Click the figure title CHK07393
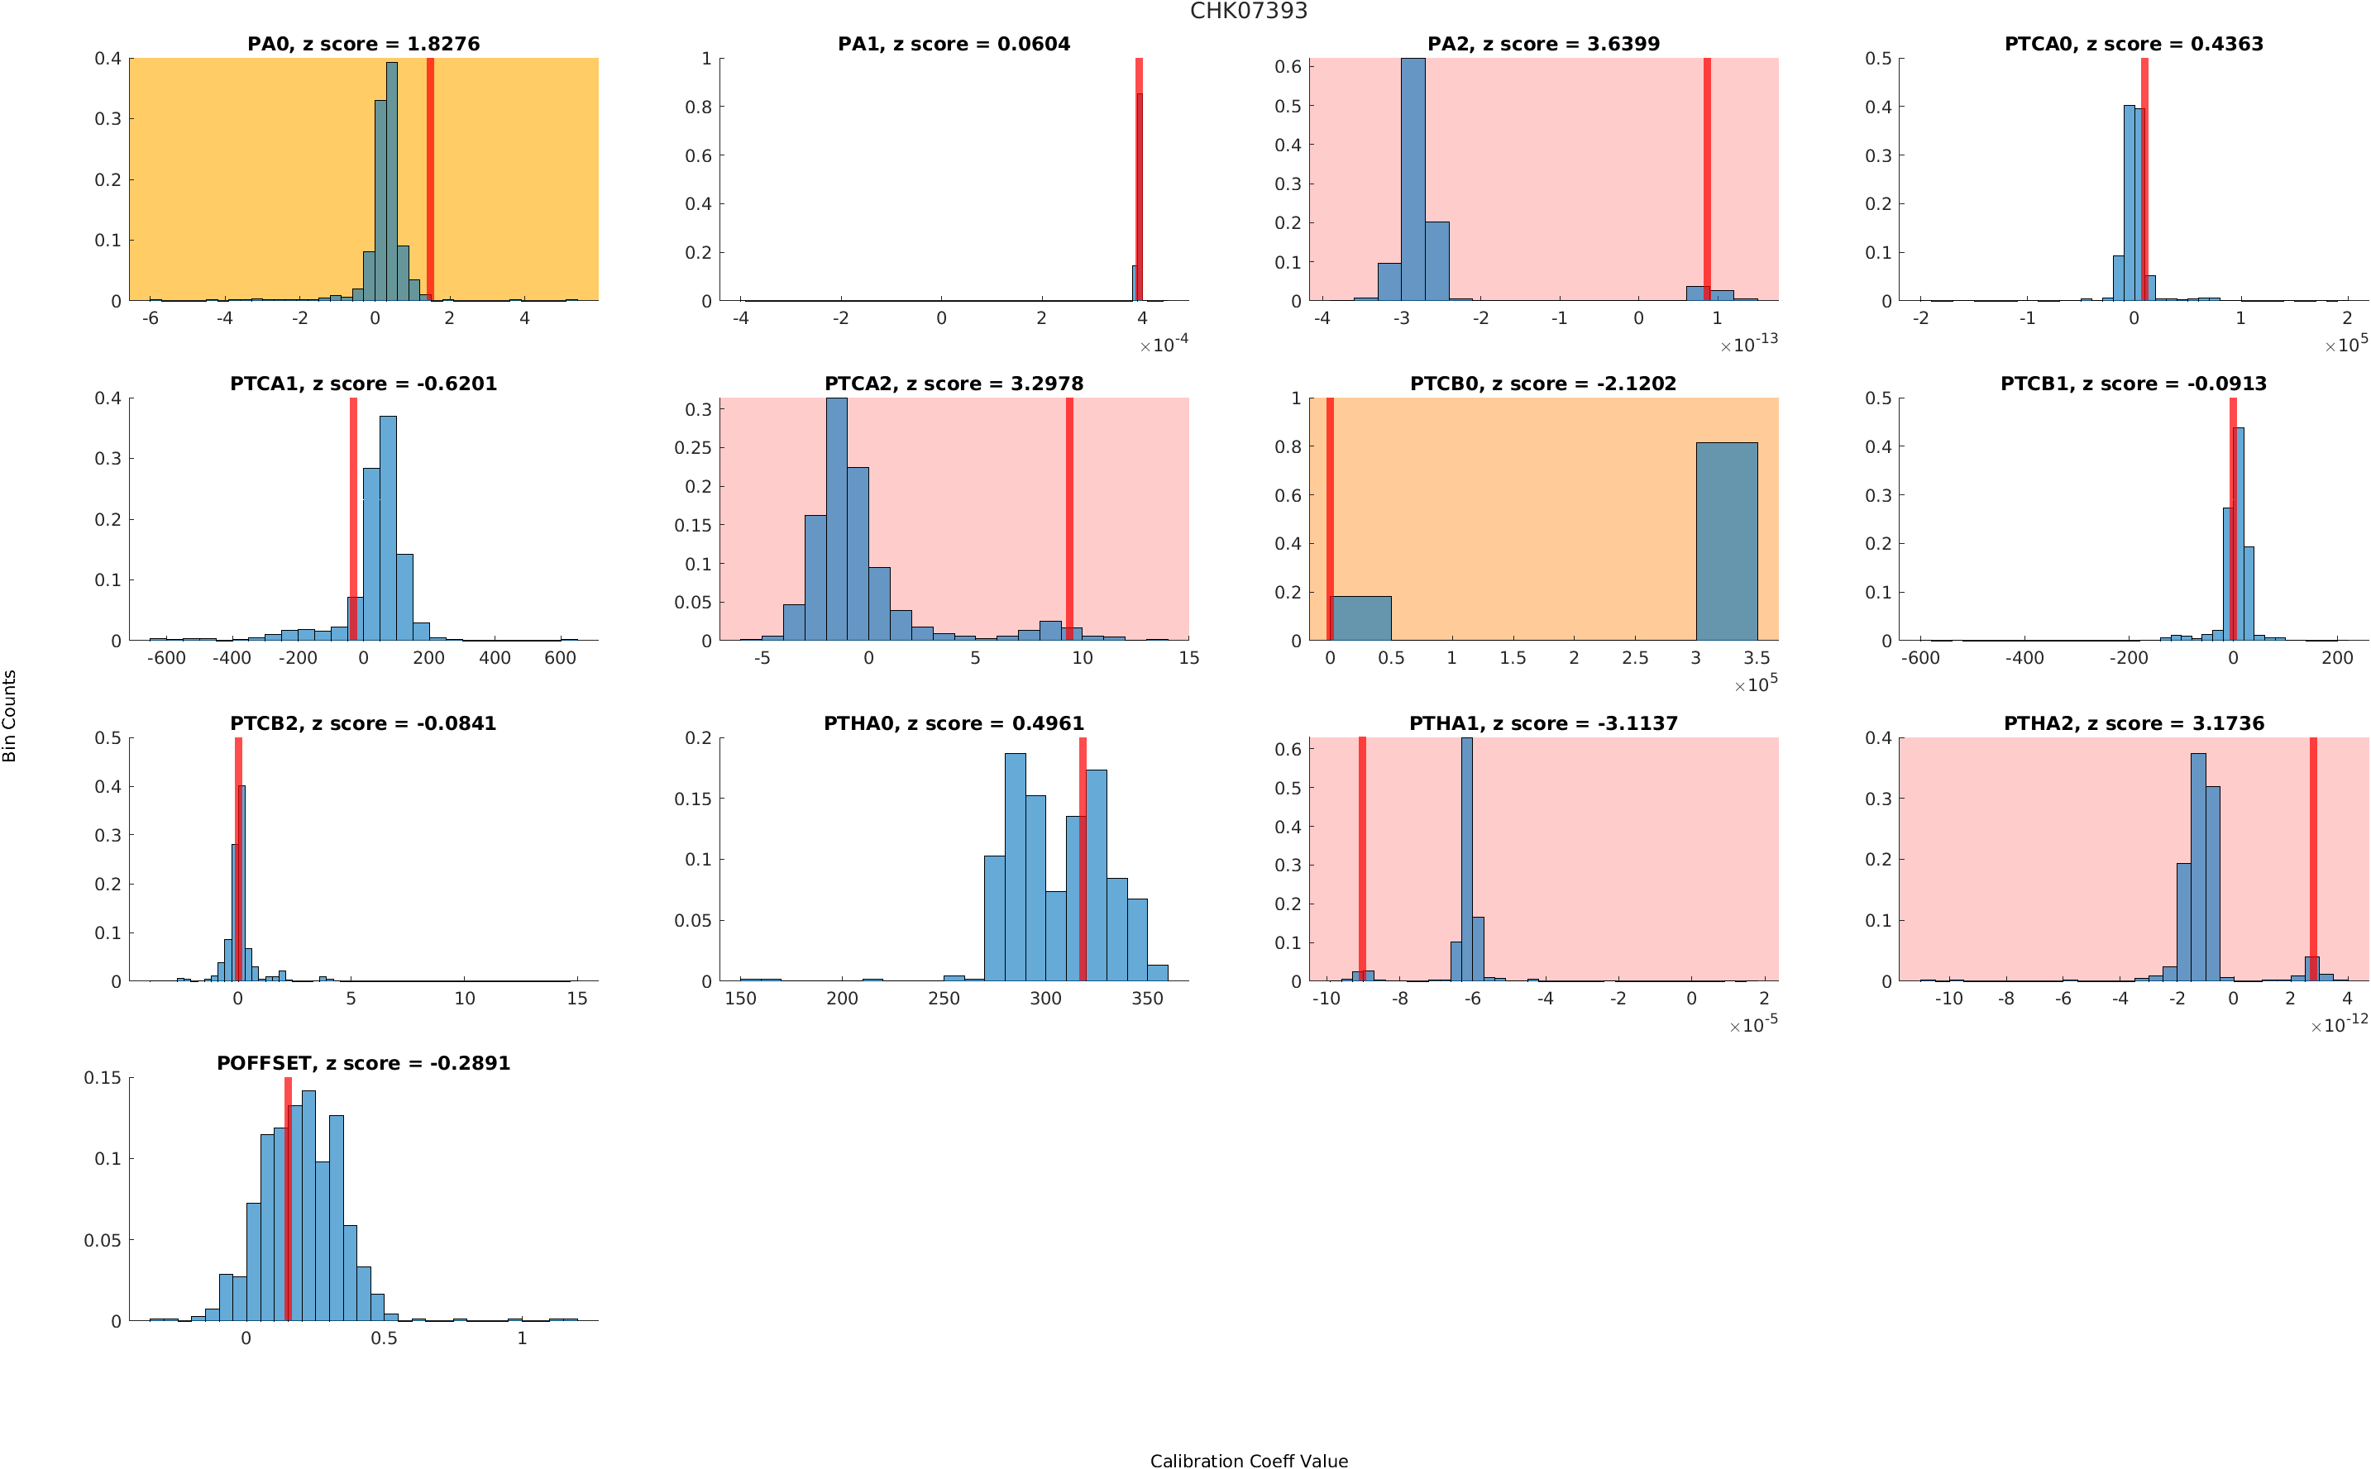[1248, 11]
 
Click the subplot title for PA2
[1542, 44]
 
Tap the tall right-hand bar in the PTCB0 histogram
[1726, 541]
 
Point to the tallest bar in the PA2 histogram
[1412, 179]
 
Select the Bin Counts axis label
[10, 715]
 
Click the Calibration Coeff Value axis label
[1248, 1459]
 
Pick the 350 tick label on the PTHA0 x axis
[1146, 998]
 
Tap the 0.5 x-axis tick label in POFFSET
[384, 1338]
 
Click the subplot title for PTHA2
[2133, 724]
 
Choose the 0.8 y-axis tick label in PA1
[698, 107]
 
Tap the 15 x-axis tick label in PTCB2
[577, 998]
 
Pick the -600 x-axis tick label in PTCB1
[1920, 658]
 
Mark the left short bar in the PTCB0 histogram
[1360, 618]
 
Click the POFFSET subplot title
[362, 1063]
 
